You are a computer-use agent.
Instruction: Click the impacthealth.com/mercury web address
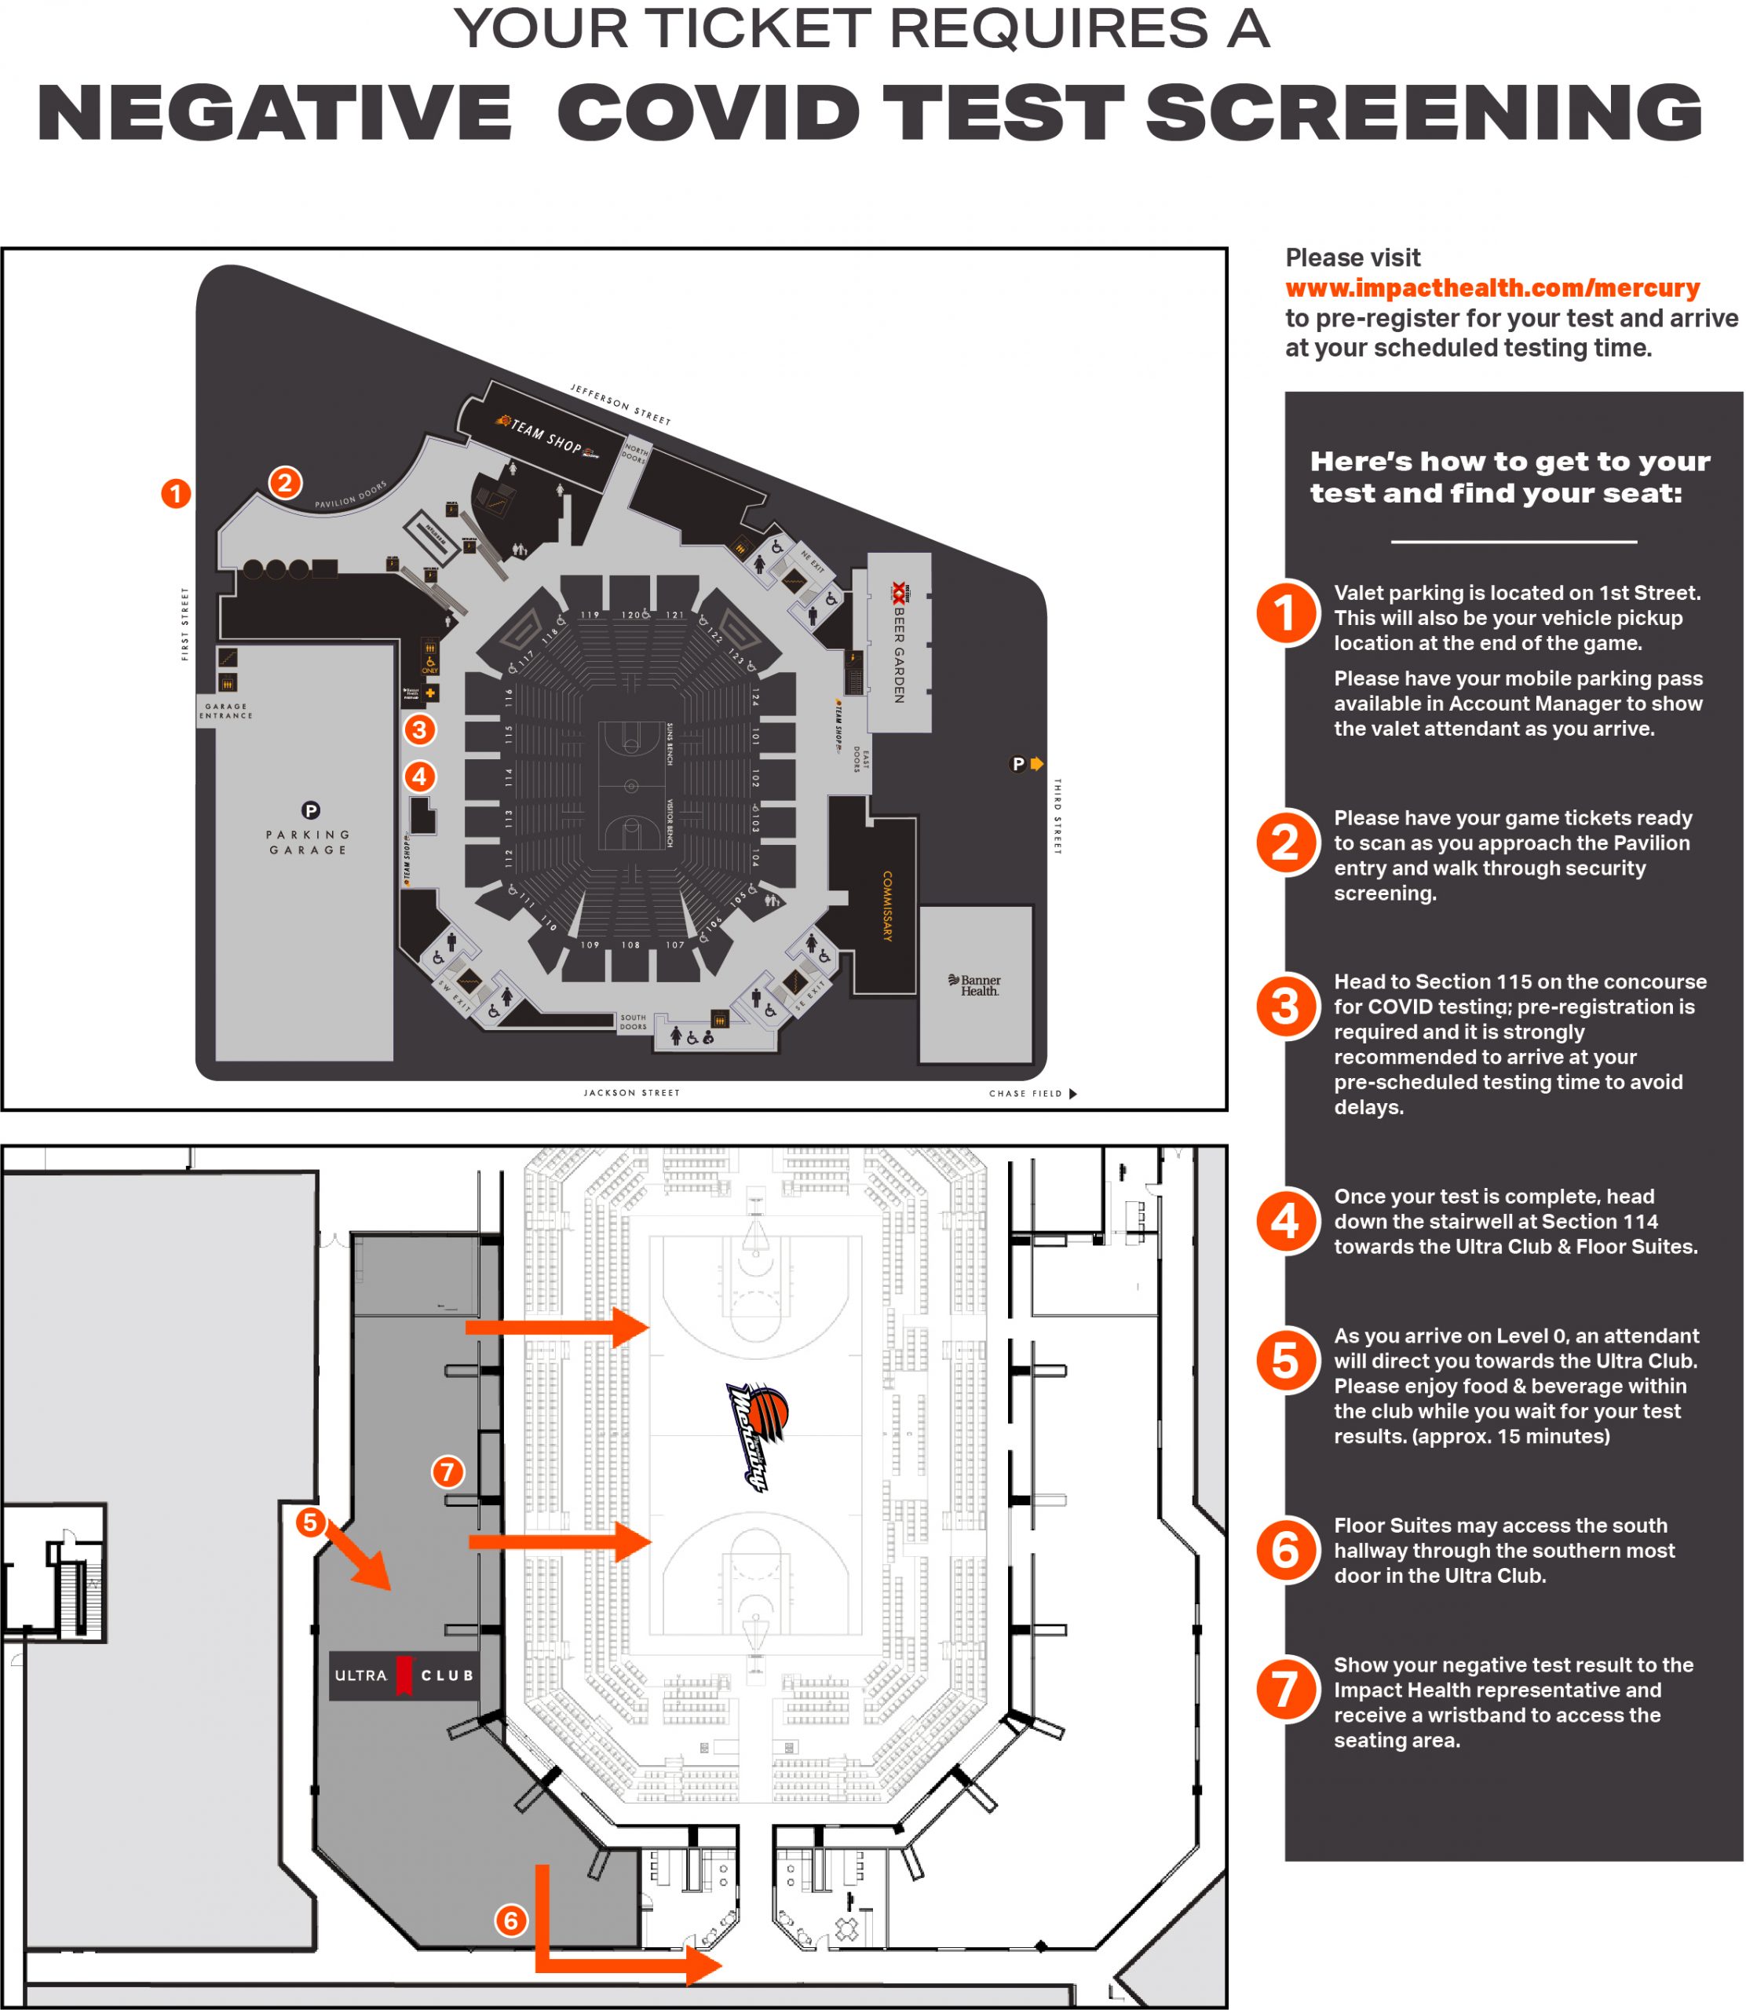[x=1492, y=288]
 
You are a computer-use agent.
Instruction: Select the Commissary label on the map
[x=886, y=905]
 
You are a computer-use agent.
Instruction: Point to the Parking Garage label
[x=308, y=841]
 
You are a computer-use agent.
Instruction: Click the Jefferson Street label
[x=621, y=404]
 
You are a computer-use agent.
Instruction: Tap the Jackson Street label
[x=631, y=1092]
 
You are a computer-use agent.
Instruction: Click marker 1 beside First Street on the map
[x=175, y=493]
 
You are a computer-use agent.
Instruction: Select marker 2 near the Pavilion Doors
[x=284, y=482]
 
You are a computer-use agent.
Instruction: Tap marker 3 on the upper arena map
[x=419, y=729]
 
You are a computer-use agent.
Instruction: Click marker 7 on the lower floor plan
[x=447, y=1471]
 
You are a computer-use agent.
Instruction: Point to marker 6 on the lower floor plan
[x=510, y=1920]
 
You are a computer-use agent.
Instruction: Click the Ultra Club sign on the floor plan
[x=404, y=1675]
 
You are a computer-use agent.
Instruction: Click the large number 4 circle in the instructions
[x=1285, y=1221]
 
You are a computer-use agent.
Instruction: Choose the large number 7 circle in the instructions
[x=1285, y=1690]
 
